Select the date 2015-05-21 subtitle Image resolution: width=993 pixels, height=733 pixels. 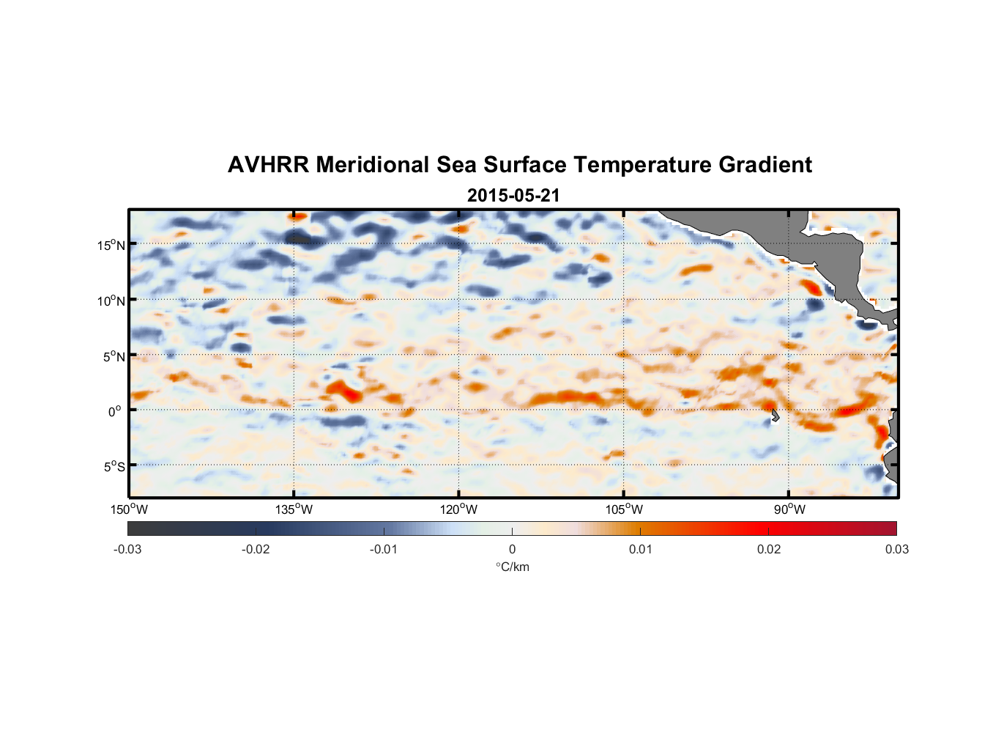coord(513,196)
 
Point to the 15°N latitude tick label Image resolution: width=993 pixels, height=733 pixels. coord(111,245)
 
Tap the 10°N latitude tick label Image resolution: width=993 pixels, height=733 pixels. coord(111,301)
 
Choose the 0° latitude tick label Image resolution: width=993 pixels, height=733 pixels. coord(115,411)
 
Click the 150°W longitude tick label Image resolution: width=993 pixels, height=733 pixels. coord(130,509)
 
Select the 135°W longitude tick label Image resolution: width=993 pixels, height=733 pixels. coord(294,509)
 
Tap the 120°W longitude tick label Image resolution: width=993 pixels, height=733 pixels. coord(459,509)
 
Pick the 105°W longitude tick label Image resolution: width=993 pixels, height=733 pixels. coord(624,509)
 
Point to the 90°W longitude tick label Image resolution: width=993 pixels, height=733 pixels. coord(789,509)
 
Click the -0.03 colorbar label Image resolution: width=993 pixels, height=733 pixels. coord(127,550)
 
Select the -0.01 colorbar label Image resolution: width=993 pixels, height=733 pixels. coord(384,550)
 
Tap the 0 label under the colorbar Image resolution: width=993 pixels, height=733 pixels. coord(512,550)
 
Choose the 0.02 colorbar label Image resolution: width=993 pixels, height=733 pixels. coord(769,550)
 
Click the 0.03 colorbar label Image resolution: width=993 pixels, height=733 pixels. coord(896,550)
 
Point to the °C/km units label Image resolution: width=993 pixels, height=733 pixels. coord(513,567)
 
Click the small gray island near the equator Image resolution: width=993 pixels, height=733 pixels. coord(775,416)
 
